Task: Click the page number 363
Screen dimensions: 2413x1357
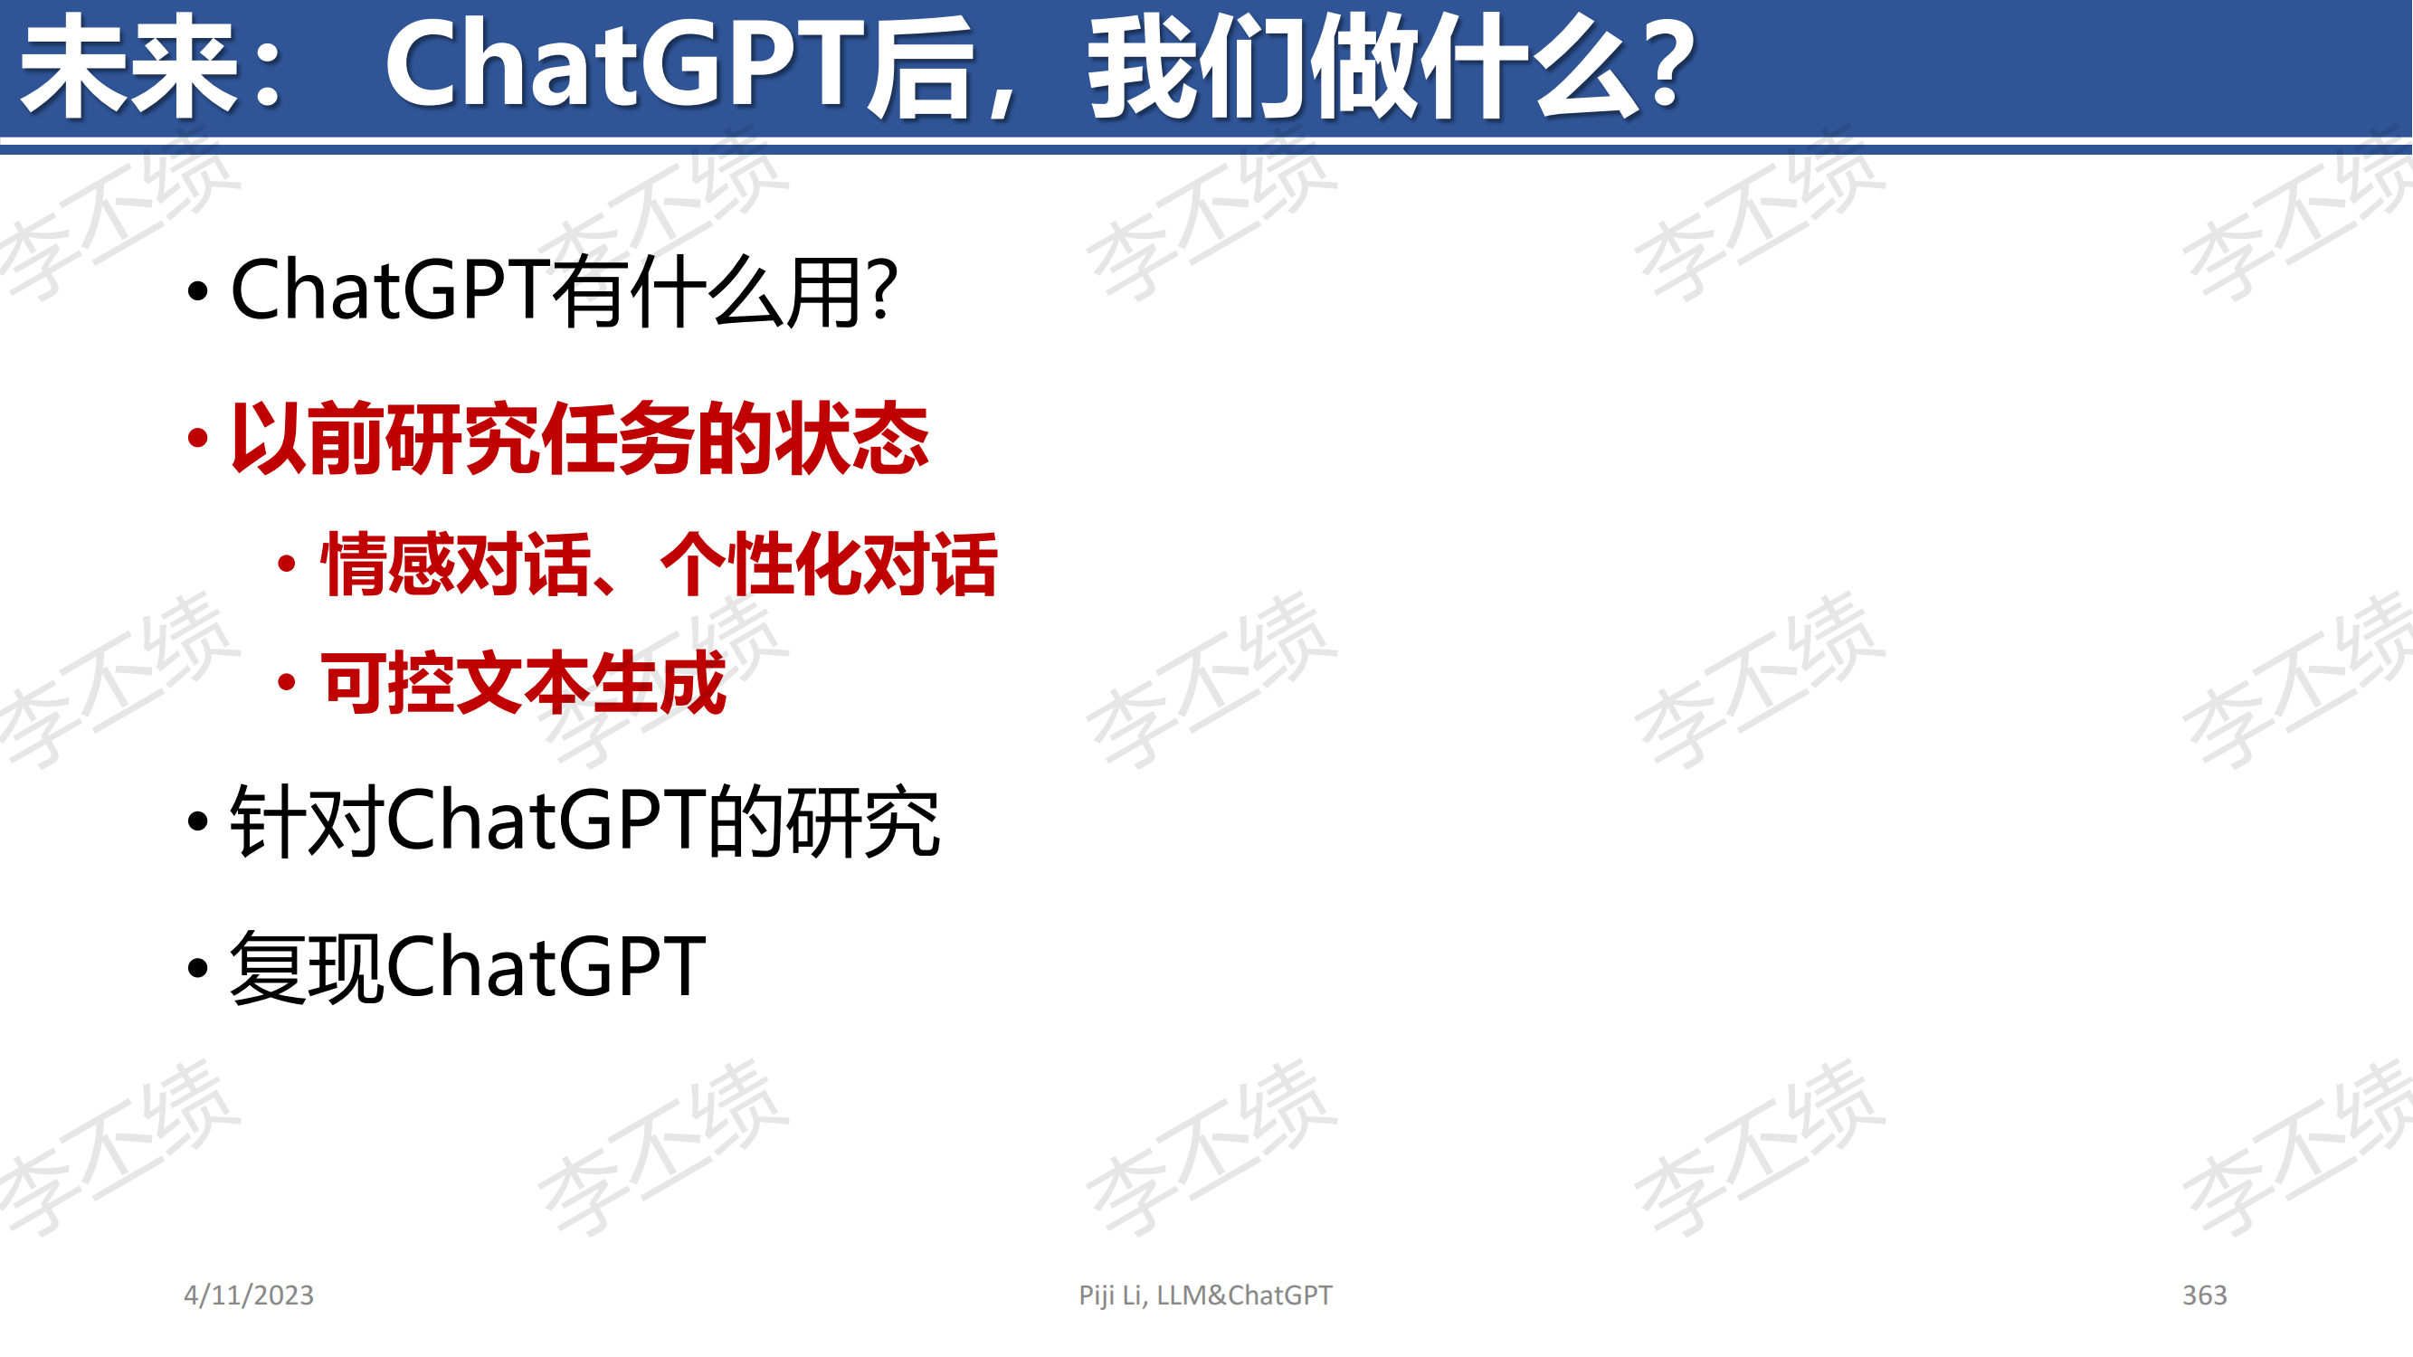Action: click(x=2204, y=1295)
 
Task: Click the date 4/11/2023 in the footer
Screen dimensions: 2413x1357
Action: click(x=248, y=1295)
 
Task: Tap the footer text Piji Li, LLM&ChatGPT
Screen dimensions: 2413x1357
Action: click(x=1204, y=1295)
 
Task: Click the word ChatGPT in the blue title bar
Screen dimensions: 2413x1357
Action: click(x=626, y=65)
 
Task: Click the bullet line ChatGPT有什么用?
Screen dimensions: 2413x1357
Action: click(x=564, y=291)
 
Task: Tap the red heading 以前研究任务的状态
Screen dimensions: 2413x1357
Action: click(x=580, y=437)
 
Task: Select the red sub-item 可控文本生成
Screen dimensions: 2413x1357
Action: click(x=524, y=683)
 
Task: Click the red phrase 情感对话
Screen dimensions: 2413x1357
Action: click(x=455, y=564)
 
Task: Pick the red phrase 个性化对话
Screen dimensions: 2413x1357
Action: click(x=829, y=564)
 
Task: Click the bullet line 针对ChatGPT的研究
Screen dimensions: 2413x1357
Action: click(x=584, y=821)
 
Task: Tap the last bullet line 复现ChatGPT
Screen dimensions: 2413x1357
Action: click(x=468, y=966)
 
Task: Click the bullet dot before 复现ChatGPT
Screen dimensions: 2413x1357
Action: click(x=196, y=968)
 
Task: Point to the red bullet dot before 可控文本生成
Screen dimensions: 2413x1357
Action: click(x=288, y=683)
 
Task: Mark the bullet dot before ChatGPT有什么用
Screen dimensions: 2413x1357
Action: click(x=196, y=291)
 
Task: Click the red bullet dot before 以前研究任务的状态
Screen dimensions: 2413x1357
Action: click(x=196, y=437)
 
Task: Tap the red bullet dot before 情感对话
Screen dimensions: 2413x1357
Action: click(x=288, y=564)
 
